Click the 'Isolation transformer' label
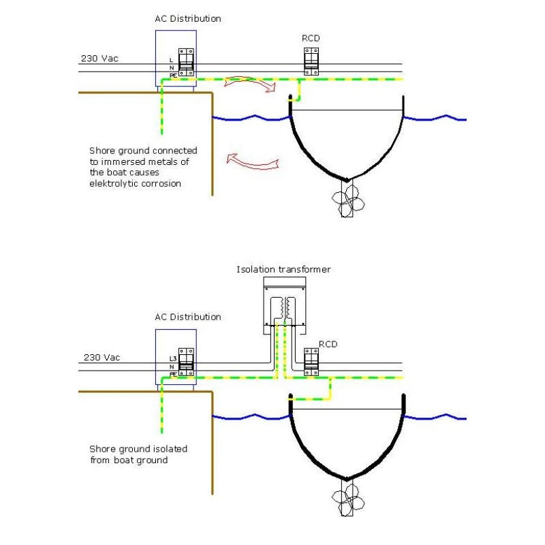[x=283, y=270]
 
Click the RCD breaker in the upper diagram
[x=311, y=61]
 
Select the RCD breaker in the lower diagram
[x=311, y=360]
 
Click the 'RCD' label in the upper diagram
[x=311, y=39]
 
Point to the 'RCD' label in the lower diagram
[x=328, y=344]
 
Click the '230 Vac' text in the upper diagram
[x=99, y=59]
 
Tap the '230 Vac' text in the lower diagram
[x=102, y=357]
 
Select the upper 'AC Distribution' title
[x=187, y=19]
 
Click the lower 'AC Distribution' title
[x=187, y=317]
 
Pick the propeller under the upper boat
[x=347, y=200]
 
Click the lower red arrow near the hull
[x=253, y=162]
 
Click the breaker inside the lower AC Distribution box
[x=186, y=362]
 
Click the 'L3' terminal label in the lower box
[x=173, y=359]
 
